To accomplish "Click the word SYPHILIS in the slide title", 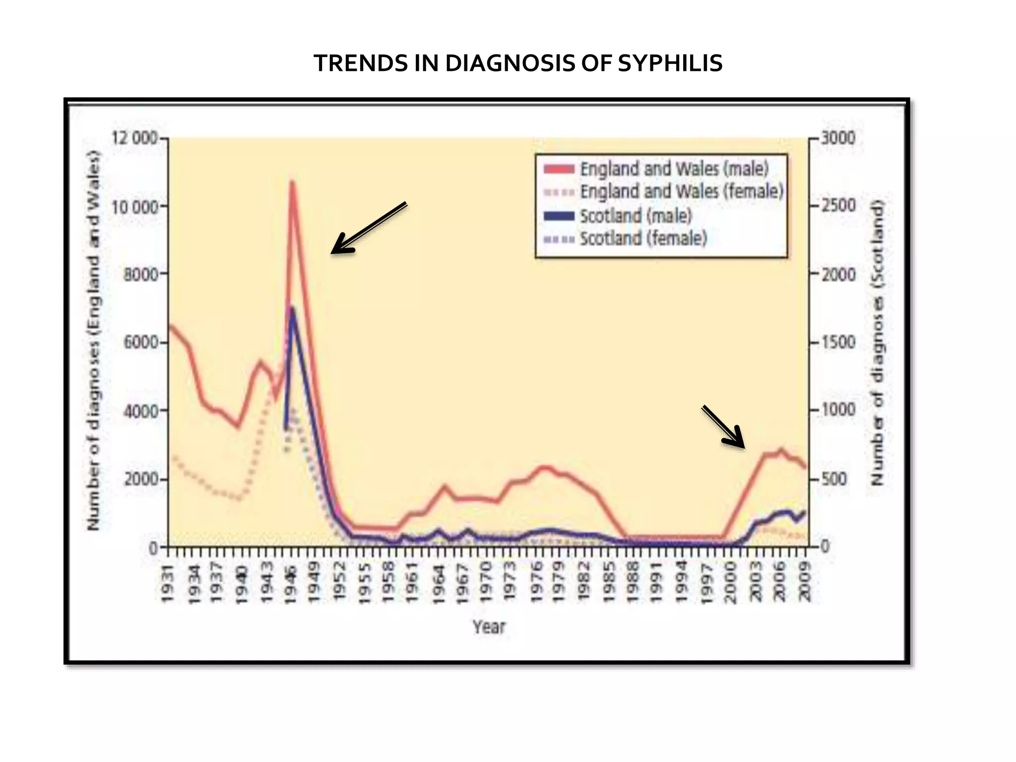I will point(670,63).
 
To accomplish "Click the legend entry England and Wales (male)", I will point(674,169).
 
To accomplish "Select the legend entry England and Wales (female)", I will point(681,191).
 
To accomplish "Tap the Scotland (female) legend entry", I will point(643,239).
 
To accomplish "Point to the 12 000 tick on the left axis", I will point(134,138).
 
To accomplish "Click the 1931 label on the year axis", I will point(169,583).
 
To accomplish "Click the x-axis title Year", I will point(489,627).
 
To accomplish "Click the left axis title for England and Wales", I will point(93,340).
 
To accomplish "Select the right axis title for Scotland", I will point(878,342).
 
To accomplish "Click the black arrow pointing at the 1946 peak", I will point(368,228).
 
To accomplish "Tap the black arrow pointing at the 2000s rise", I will point(723,427).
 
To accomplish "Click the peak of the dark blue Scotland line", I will point(292,309).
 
